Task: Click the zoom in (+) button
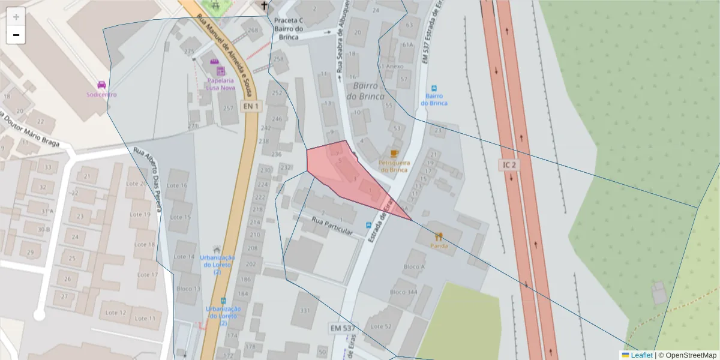click(x=16, y=17)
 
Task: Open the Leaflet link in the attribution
click(x=641, y=355)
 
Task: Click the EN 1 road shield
click(x=251, y=106)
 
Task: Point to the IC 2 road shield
click(x=509, y=164)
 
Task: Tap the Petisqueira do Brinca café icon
click(x=394, y=154)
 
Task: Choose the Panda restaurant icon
click(x=439, y=236)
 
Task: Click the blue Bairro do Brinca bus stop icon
click(x=434, y=87)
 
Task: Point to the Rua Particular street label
click(x=332, y=226)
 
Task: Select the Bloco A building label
click(x=414, y=266)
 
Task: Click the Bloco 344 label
click(x=403, y=292)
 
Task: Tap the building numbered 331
click(x=305, y=310)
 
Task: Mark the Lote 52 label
click(x=381, y=326)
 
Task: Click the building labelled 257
click(x=227, y=108)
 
